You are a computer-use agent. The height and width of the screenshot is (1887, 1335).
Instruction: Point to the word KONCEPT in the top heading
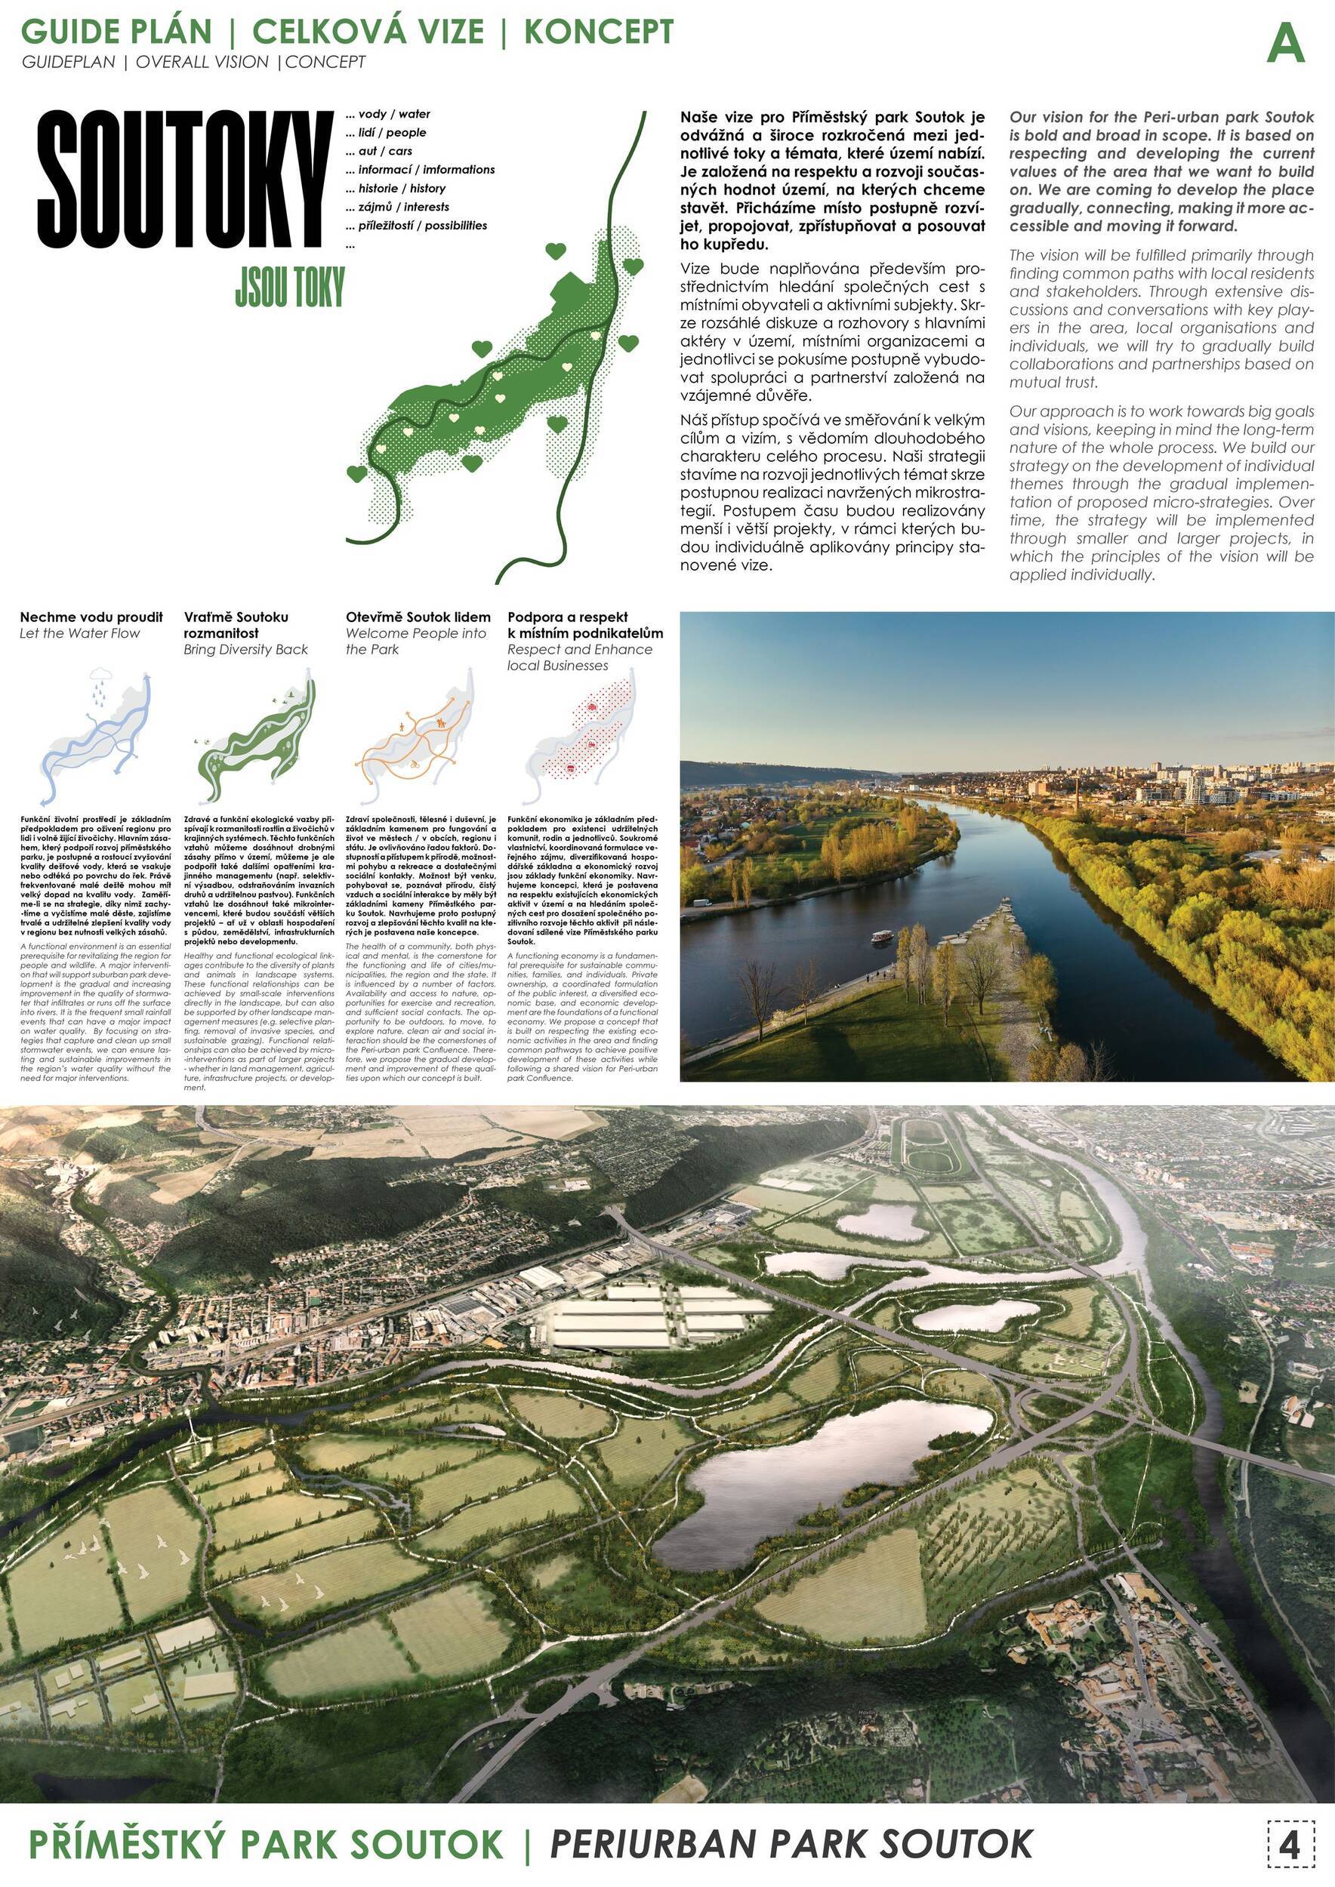click(x=599, y=31)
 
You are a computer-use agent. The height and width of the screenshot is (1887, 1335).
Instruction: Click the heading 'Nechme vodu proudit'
click(x=91, y=617)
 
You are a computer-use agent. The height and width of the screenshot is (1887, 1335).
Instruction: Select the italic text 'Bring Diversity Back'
click(x=246, y=649)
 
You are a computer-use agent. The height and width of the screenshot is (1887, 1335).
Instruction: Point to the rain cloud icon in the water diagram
click(x=100, y=677)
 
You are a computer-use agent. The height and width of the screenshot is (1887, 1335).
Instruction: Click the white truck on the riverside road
click(x=704, y=903)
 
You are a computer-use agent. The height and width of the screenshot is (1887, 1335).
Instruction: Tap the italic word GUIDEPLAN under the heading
click(x=68, y=63)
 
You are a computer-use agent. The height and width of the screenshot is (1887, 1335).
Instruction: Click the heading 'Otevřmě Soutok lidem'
click(x=418, y=617)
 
